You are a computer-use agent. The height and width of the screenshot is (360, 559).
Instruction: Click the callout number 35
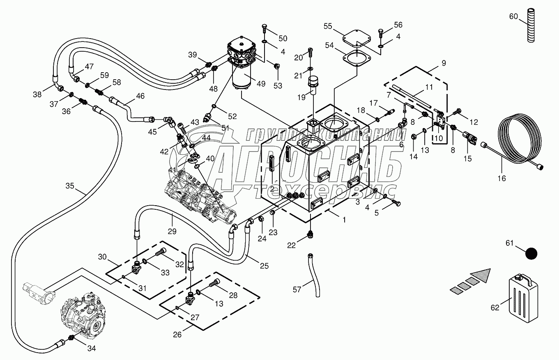(70, 186)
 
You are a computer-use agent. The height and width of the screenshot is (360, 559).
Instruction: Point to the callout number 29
(172, 232)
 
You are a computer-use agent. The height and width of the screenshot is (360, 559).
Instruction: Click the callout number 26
(177, 335)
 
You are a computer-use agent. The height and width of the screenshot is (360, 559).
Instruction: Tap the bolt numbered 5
(397, 203)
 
